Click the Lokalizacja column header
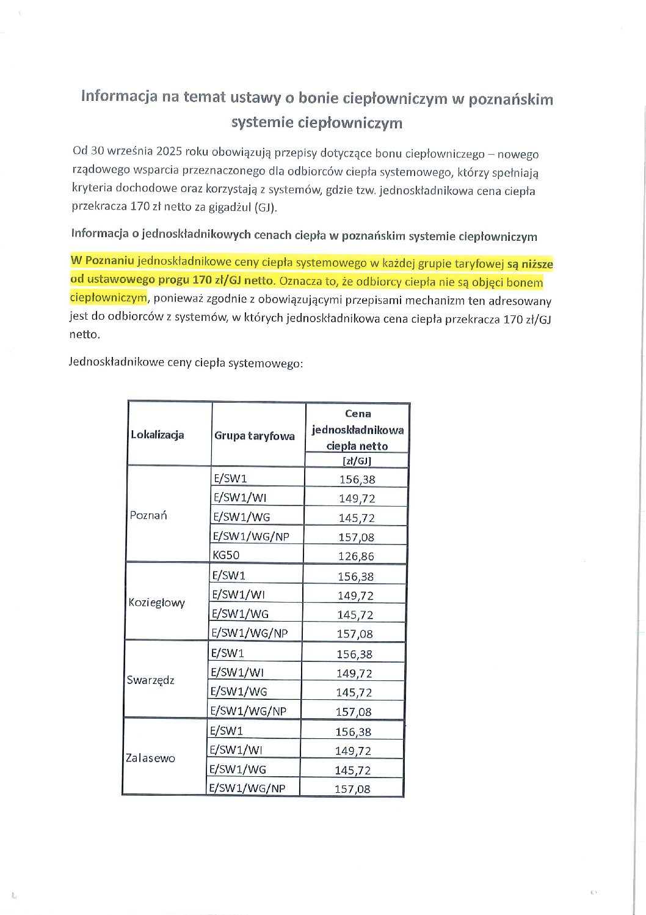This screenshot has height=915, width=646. point(157,435)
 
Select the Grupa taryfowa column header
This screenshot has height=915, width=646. point(254,436)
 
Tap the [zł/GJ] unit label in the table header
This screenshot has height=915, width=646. point(357,461)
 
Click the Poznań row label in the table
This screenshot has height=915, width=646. point(148,515)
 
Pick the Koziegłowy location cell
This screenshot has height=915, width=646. point(156,603)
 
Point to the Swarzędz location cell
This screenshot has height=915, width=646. point(151,680)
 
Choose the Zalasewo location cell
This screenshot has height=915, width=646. point(150,758)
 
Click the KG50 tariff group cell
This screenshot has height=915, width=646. point(226,555)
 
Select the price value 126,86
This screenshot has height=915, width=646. point(356,556)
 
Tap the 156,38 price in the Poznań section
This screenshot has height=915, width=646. point(357,479)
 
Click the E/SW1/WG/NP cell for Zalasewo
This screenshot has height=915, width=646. point(247,788)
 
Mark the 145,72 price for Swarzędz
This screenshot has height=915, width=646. point(354,693)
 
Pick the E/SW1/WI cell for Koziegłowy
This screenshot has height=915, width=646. point(238,594)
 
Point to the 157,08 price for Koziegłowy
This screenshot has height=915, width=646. point(355,634)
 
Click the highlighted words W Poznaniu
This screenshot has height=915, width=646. point(103,260)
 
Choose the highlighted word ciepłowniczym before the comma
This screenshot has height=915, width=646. point(108,298)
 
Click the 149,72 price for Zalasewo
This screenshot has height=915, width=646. point(353,751)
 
